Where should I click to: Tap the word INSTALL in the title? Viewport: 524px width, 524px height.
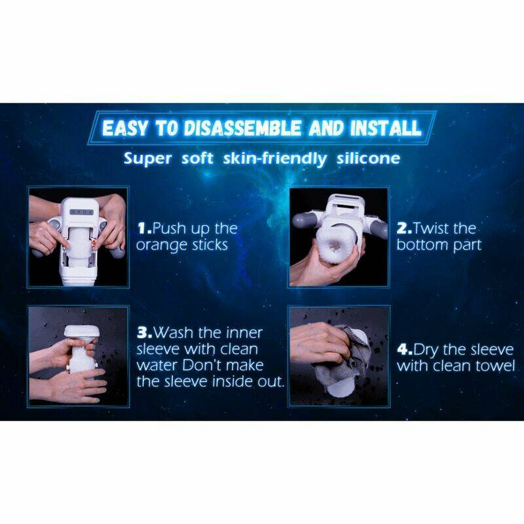tap(386, 128)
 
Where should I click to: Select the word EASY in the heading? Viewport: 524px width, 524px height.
tap(124, 128)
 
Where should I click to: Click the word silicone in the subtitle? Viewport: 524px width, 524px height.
tap(368, 158)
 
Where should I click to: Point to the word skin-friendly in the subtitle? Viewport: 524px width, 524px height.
tap(275, 159)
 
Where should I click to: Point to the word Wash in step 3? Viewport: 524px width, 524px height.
tap(173, 333)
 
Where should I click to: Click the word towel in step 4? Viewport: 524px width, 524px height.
tap(495, 366)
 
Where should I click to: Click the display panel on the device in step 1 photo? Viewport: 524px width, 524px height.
tap(81, 212)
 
